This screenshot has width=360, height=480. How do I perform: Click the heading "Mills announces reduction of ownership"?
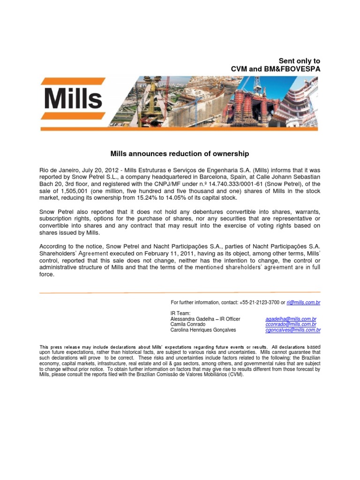180,154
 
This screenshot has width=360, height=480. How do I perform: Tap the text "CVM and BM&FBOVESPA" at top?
276,69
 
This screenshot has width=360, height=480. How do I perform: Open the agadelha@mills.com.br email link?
291,319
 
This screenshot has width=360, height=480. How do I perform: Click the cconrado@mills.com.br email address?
291,324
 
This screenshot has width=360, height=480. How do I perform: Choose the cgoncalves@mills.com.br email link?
293,330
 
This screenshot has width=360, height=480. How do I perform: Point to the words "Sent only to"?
300,61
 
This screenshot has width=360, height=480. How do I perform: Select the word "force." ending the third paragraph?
47,275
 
